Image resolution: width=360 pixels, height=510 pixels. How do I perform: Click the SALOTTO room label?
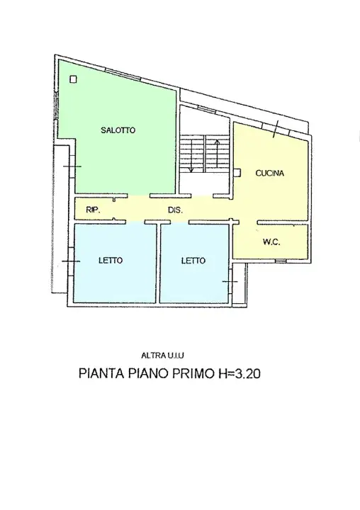pyautogui.click(x=118, y=130)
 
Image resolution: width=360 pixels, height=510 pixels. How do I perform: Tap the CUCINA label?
pyautogui.click(x=270, y=173)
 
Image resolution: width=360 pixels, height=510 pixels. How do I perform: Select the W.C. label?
pyautogui.click(x=271, y=242)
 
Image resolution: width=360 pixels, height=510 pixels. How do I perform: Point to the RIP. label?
pyautogui.click(x=91, y=210)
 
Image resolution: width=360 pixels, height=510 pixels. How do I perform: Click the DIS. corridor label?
pyautogui.click(x=176, y=210)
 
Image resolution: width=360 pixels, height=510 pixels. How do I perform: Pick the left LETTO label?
pyautogui.click(x=110, y=261)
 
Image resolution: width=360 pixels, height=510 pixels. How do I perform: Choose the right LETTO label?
pyautogui.click(x=193, y=261)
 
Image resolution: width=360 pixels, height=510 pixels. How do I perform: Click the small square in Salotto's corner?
pyautogui.click(x=72, y=80)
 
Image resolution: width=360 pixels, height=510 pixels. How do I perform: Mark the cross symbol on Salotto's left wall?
pyautogui.click(x=71, y=166)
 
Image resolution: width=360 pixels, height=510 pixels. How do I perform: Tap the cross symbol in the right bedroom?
pyautogui.click(x=228, y=282)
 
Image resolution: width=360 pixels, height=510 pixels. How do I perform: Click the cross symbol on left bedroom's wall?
pyautogui.click(x=71, y=261)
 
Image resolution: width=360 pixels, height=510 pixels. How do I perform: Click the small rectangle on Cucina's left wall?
pyautogui.click(x=240, y=171)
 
